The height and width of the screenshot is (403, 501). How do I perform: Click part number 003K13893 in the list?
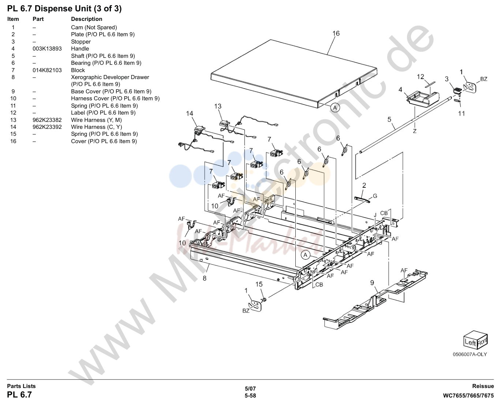tap(47, 49)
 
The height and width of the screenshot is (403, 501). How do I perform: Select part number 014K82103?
tap(47, 70)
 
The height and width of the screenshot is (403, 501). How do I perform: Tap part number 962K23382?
tap(47, 120)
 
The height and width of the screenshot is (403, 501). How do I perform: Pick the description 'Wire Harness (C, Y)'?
tap(96, 127)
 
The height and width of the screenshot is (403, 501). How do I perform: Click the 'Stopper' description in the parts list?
tap(81, 42)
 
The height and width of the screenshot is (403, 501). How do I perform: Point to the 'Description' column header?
tap(87, 19)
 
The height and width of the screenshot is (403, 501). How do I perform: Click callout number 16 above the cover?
tap(336, 34)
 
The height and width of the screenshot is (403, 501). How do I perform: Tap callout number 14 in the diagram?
tap(190, 113)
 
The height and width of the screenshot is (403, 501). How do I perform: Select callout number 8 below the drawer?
tap(205, 278)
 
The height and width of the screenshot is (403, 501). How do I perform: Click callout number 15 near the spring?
tap(259, 284)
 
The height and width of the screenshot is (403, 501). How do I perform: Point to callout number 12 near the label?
tap(420, 77)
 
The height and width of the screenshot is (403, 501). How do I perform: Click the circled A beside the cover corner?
tap(335, 108)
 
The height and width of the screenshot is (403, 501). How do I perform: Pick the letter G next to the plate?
tap(375, 196)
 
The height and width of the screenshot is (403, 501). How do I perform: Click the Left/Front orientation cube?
tap(475, 340)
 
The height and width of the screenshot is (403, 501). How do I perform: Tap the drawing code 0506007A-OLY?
tap(470, 354)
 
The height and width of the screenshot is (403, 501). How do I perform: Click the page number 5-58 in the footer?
tap(250, 396)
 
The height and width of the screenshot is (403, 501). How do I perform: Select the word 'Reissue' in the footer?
tap(483, 386)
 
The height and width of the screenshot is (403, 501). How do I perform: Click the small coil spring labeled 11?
tap(457, 101)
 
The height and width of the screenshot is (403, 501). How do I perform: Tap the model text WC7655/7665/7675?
tap(468, 396)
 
